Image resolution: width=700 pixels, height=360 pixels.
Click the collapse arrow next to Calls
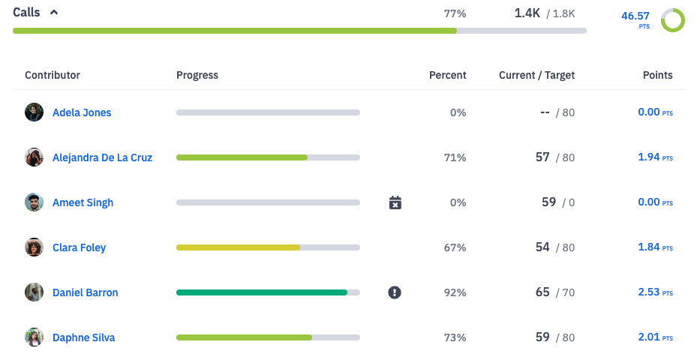click(x=53, y=13)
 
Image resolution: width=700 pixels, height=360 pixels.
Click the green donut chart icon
click(x=672, y=20)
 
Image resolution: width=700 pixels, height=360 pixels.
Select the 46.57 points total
click(x=637, y=16)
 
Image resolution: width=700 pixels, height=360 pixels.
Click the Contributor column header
click(x=53, y=75)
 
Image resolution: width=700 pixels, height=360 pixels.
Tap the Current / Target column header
click(x=536, y=75)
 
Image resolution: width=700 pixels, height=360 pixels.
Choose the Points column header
click(x=657, y=75)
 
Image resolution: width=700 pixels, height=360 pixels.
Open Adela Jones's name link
click(x=82, y=112)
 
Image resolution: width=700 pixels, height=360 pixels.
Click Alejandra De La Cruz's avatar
click(x=34, y=157)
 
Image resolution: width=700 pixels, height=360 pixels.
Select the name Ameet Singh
click(x=83, y=202)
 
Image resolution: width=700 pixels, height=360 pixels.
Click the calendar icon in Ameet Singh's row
click(x=395, y=202)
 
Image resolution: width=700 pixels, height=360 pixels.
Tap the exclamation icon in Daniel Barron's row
click(x=395, y=292)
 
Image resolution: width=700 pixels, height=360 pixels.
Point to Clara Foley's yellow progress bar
click(x=238, y=247)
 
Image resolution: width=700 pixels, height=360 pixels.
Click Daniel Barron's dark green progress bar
click(x=261, y=292)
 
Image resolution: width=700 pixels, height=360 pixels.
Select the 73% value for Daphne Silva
click(x=455, y=337)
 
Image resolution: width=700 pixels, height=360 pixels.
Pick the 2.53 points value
click(x=649, y=292)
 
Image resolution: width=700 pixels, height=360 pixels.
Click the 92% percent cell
click(x=455, y=292)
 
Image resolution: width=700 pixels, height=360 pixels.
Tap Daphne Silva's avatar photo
click(x=34, y=337)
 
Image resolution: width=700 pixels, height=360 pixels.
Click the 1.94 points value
click(x=649, y=157)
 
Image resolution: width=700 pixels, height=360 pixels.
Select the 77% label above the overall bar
click(x=455, y=13)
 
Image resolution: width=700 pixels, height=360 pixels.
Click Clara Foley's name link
click(x=79, y=247)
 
